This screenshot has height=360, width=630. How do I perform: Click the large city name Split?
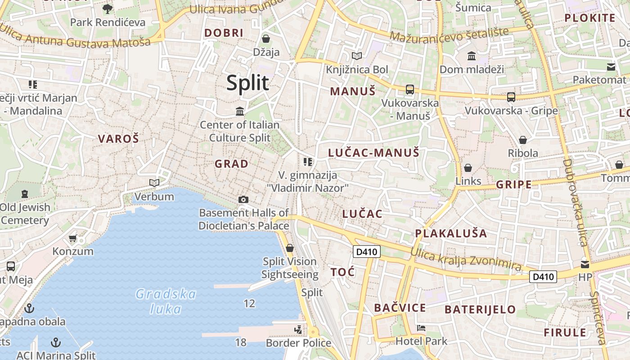tap(247, 83)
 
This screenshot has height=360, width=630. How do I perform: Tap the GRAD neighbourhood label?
tap(231, 164)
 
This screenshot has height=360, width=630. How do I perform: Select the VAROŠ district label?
tap(119, 139)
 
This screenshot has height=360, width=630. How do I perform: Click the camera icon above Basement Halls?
tap(243, 199)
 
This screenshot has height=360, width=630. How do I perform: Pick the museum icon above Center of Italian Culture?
tap(240, 111)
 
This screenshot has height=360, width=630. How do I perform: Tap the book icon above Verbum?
tap(154, 183)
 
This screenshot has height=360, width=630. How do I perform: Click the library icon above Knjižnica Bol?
tap(357, 56)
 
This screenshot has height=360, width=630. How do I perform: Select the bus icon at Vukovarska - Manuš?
tap(409, 89)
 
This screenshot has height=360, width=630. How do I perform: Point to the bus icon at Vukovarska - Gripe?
tap(511, 97)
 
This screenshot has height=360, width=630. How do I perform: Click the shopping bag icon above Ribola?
tap(522, 140)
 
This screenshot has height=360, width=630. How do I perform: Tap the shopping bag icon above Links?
tap(468, 168)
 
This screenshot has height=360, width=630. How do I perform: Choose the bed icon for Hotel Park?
tap(421, 328)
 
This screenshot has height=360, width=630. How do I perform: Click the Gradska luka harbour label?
tap(166, 301)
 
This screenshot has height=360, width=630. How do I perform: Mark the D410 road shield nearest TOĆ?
tap(367, 252)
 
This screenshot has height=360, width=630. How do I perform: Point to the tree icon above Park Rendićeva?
tap(108, 9)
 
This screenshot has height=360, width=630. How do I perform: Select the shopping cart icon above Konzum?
tap(73, 238)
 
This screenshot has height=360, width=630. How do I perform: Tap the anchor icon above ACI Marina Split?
tap(56, 342)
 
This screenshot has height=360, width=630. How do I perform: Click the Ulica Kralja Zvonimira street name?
tap(466, 260)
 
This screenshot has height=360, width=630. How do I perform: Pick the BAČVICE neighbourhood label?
tap(400, 308)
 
